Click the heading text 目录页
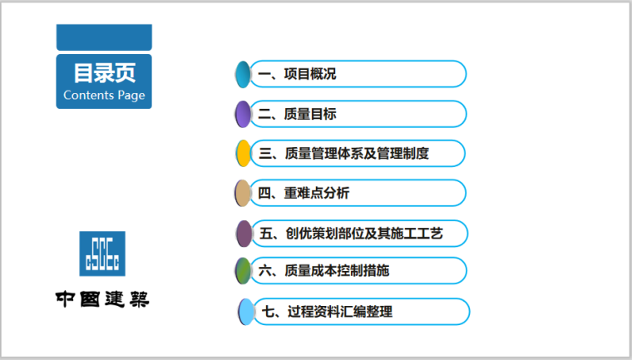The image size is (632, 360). click(x=104, y=73)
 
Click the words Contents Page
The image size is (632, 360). click(x=104, y=95)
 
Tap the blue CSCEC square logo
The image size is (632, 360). click(x=103, y=254)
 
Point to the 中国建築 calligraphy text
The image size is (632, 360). click(x=102, y=298)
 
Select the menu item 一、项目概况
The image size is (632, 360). click(x=297, y=74)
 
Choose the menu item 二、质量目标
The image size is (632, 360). click(x=297, y=114)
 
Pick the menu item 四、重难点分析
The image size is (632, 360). click(x=304, y=194)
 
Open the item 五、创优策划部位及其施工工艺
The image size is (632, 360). click(x=351, y=234)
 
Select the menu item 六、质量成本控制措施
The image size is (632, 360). click(x=323, y=270)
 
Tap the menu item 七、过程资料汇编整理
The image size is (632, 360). click(x=327, y=312)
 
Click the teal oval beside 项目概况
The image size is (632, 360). click(x=242, y=74)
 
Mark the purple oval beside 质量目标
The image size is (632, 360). click(x=243, y=114)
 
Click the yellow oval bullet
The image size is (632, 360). click(x=243, y=154)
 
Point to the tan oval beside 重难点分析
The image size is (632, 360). click(x=242, y=194)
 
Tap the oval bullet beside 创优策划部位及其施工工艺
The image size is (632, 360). click(x=243, y=234)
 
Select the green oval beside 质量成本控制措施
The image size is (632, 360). click(x=243, y=270)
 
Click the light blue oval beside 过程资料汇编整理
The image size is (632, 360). click(x=245, y=312)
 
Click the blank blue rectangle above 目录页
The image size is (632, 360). click(x=104, y=37)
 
